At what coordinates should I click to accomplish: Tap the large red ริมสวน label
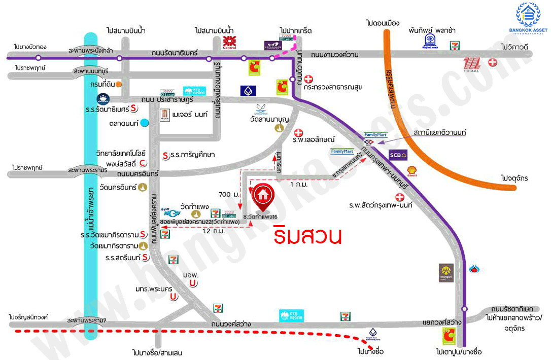pos(307,236)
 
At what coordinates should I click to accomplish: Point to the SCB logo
pos(398,156)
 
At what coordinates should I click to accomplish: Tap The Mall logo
pos(471,64)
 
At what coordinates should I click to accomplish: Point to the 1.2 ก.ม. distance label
pos(213,231)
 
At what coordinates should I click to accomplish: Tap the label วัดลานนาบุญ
pos(269,120)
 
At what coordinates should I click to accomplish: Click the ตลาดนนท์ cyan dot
pos(145,123)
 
